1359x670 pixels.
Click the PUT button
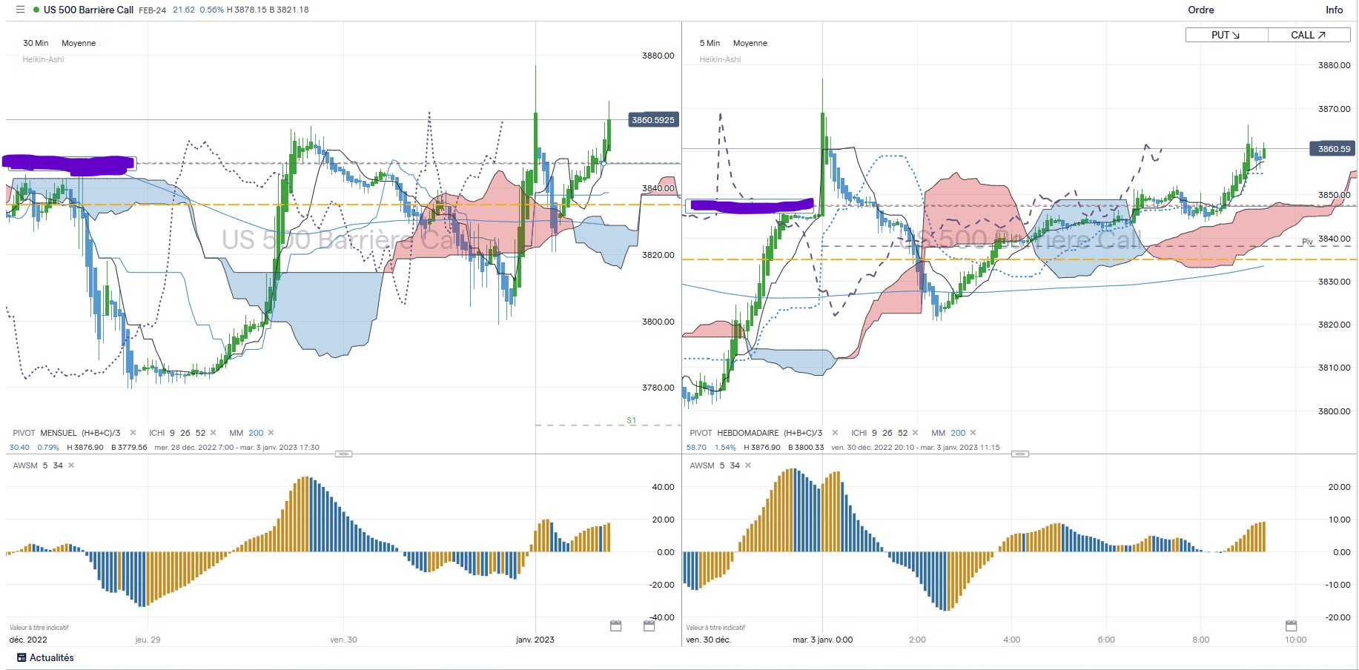(1226, 35)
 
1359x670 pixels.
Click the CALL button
(1308, 35)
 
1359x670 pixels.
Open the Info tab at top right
(1334, 10)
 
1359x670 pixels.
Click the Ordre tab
(1200, 10)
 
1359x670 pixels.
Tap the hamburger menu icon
(20, 10)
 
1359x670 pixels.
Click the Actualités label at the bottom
(51, 657)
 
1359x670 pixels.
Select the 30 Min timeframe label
(36, 43)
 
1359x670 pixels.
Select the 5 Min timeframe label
(710, 43)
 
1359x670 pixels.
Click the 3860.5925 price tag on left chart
(652, 120)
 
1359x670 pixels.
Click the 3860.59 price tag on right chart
(1333, 149)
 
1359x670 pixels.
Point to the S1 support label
(631, 420)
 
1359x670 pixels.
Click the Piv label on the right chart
(1307, 242)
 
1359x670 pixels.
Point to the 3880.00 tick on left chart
(658, 56)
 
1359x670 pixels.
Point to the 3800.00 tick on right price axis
(1334, 411)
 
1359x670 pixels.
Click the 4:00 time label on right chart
(1011, 640)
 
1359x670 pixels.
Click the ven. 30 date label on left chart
(343, 640)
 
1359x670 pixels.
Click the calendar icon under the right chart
(1291, 626)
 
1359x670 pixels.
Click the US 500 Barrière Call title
(88, 10)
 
